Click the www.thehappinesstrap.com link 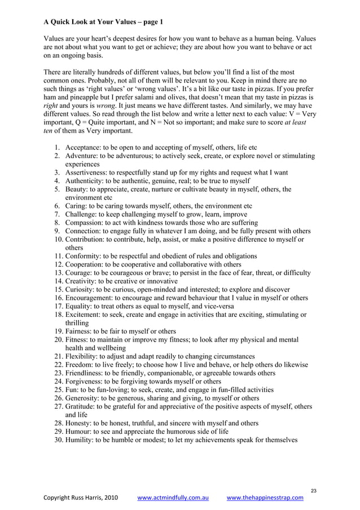[x=265, y=498]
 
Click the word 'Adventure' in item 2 [x=82, y=156]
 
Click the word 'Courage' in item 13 [x=79, y=273]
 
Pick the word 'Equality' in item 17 [x=80, y=306]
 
